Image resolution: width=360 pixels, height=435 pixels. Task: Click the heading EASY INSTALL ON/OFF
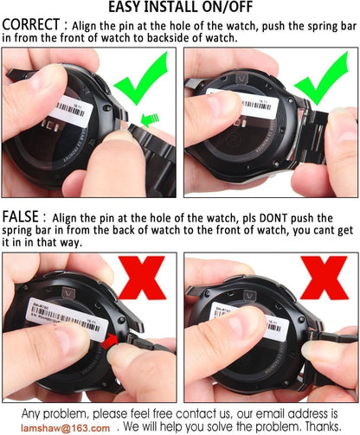(181, 7)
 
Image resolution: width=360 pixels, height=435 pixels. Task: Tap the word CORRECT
(31, 24)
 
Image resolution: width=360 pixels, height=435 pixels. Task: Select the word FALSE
(20, 217)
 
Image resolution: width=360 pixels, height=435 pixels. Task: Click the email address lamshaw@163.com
(65, 428)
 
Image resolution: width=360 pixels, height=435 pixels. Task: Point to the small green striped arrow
(150, 119)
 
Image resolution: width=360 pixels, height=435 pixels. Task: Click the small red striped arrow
(110, 342)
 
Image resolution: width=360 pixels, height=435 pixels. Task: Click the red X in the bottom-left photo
(142, 278)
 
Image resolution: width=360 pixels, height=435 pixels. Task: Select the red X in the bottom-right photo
(325, 278)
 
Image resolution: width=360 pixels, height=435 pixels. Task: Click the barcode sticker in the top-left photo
(71, 112)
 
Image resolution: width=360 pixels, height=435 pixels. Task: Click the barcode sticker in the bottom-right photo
(250, 322)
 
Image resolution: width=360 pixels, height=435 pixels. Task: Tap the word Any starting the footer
(31, 414)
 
